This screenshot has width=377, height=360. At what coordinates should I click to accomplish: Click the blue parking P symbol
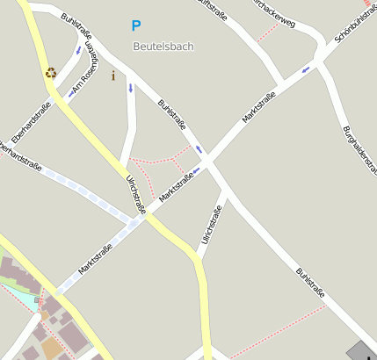[x=135, y=26]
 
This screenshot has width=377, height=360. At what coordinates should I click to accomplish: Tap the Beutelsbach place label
[x=163, y=46]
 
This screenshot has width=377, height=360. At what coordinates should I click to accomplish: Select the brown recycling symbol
[x=51, y=73]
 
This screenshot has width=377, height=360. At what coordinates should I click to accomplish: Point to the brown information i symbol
[x=112, y=76]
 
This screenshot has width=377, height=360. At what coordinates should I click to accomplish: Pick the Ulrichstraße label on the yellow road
[x=135, y=193]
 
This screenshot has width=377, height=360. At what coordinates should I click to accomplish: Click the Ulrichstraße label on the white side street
[x=210, y=224]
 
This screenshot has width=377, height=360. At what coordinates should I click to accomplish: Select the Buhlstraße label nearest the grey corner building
[x=310, y=283]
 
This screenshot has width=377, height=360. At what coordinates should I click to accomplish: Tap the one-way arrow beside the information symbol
[x=130, y=88]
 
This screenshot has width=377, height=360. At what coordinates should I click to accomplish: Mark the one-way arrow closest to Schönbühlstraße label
[x=305, y=69]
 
